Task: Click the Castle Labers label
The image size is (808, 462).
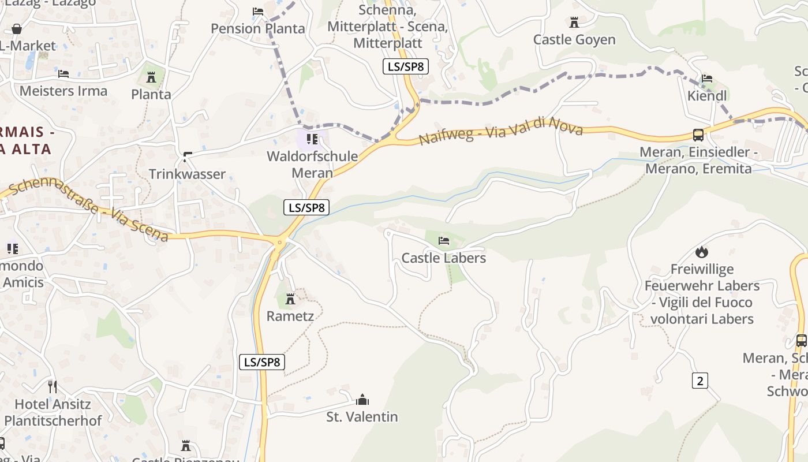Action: point(443,258)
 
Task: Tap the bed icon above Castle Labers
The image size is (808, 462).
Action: point(443,240)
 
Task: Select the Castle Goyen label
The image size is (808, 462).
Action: point(574,40)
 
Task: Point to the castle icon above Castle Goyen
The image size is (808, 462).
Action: point(574,23)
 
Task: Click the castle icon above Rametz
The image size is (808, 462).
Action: point(290,299)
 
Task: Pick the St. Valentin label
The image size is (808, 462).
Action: point(362,416)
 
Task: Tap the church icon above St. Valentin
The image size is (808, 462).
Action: point(362,399)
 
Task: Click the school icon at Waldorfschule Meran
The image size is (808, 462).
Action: point(312,139)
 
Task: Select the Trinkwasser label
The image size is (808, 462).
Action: point(187,174)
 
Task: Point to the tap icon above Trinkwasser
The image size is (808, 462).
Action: point(187,156)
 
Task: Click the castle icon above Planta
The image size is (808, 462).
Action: point(151,77)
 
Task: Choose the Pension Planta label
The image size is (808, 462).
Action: point(257,28)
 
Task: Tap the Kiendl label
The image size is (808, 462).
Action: point(707,96)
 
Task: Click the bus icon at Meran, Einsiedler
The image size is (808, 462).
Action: point(698,135)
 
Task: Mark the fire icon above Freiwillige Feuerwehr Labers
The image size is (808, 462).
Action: point(701,252)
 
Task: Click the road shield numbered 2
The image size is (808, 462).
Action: point(699,381)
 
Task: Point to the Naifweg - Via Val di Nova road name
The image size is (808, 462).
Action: point(501,131)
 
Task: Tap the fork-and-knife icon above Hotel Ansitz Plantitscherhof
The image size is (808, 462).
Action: point(53,386)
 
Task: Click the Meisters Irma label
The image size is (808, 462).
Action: point(63,91)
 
